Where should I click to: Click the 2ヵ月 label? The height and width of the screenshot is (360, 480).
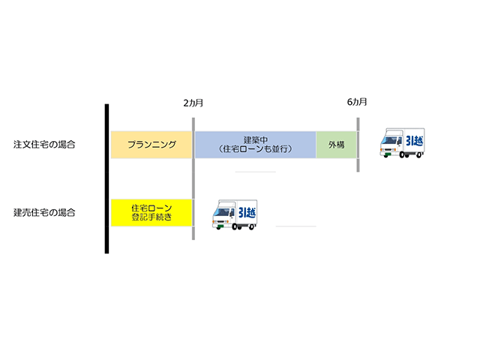point(193,102)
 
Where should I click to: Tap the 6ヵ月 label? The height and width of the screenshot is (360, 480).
point(357,102)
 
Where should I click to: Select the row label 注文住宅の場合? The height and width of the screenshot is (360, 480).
point(44,144)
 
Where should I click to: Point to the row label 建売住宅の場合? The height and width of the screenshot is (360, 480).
point(44,212)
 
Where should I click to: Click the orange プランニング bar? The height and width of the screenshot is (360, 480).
point(151,145)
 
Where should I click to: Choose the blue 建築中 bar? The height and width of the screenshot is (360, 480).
point(255,145)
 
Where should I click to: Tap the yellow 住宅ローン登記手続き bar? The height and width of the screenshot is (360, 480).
point(151,212)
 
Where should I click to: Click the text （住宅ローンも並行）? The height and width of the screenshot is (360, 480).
point(256,149)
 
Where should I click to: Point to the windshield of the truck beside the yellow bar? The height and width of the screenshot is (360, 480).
point(221,211)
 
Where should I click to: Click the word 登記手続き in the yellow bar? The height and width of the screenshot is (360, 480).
point(151,217)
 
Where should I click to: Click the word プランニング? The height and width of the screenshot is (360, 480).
point(151,145)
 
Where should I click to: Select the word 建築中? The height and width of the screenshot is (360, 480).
point(256,139)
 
